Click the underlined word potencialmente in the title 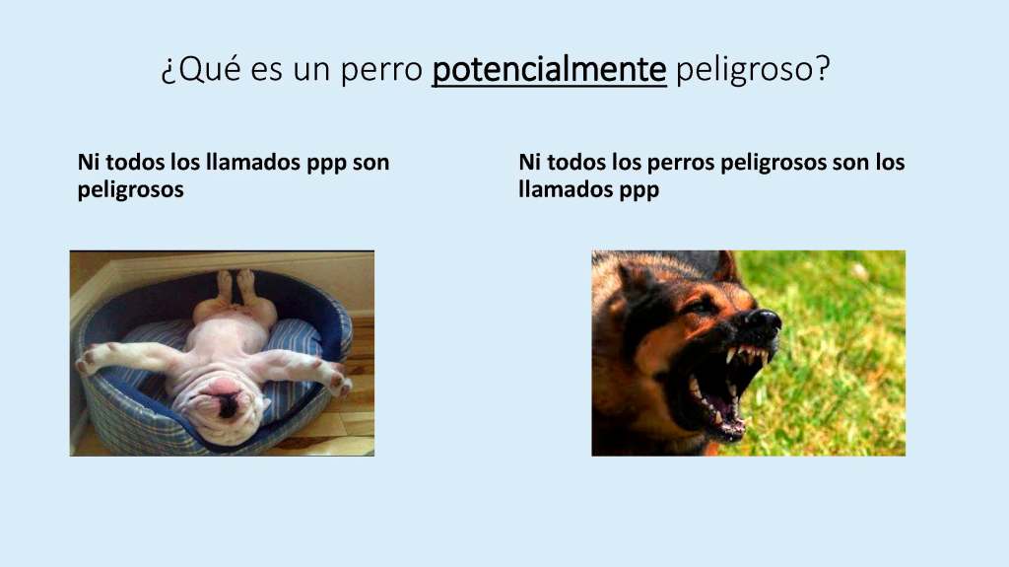549,69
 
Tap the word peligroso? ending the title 754,69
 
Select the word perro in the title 381,69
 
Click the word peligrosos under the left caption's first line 131,190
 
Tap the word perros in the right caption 680,163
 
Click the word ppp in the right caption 639,190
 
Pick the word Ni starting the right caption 529,162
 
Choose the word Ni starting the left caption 88,162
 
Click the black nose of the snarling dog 764,319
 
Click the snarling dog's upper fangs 747,354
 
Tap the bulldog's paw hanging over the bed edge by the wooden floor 339,381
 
